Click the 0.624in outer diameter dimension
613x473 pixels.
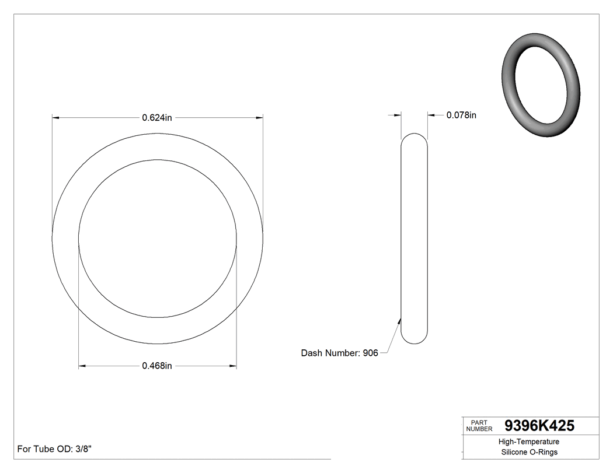point(157,118)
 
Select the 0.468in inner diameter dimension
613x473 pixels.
point(157,366)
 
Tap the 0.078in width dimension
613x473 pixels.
point(461,115)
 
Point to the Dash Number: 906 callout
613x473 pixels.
point(339,353)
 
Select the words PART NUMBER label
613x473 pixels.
point(479,426)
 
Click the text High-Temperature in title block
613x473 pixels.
point(529,442)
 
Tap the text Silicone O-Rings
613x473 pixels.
point(529,452)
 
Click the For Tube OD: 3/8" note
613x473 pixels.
point(54,449)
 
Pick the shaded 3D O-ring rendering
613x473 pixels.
point(541,86)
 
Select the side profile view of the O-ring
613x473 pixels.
point(414,239)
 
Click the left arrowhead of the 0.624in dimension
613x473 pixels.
point(55,118)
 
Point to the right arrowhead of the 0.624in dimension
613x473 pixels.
point(259,118)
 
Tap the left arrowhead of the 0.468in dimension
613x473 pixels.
point(82,366)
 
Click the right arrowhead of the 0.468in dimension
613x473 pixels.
point(233,366)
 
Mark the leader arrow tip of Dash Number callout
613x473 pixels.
point(400,318)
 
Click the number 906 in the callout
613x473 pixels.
point(370,353)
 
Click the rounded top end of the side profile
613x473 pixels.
point(414,138)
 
